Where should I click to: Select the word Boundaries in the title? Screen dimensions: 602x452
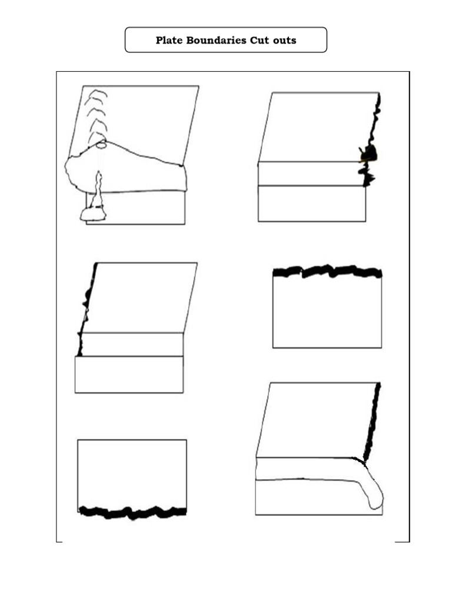click(212, 41)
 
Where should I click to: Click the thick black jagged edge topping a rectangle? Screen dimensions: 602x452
click(327, 272)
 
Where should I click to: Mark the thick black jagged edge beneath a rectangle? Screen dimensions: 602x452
click(132, 512)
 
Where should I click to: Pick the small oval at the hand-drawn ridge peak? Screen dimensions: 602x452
click(101, 143)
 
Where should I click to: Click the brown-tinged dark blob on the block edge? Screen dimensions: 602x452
click(370, 155)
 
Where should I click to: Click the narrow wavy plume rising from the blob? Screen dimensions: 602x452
click(97, 188)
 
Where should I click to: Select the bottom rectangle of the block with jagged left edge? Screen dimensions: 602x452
click(129, 374)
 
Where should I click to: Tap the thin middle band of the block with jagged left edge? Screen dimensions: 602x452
click(132, 344)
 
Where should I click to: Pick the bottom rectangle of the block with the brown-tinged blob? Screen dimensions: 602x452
click(312, 203)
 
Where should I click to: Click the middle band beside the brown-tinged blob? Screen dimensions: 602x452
click(308, 173)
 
